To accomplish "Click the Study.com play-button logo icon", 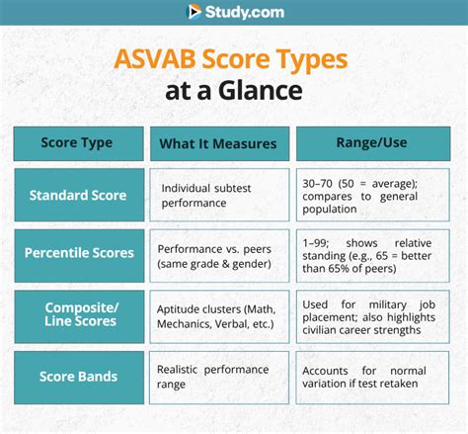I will pyautogui.click(x=195, y=12).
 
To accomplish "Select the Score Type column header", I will pyautogui.click(x=77, y=142).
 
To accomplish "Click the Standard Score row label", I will pyautogui.click(x=77, y=195).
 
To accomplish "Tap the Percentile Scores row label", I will pyautogui.click(x=77, y=252).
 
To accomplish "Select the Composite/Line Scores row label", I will pyautogui.click(x=77, y=315).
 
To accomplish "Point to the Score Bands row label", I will pyautogui.click(x=77, y=377).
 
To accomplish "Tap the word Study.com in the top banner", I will pyautogui.click(x=245, y=12).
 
